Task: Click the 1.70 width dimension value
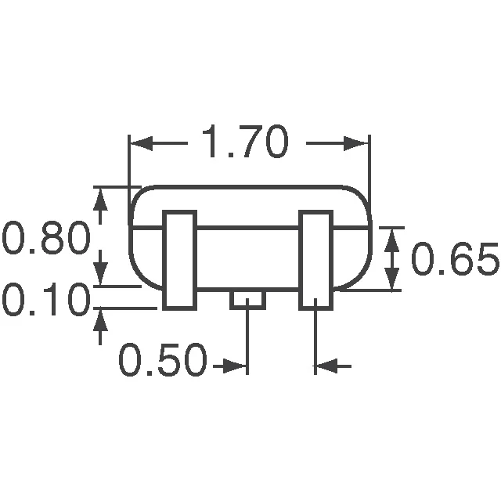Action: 245,143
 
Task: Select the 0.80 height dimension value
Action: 46,240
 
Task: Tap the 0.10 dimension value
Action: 45,301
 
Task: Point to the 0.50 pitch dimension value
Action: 164,362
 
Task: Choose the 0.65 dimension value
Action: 455,260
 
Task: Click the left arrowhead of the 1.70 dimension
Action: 139,143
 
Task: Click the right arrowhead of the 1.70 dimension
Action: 357,143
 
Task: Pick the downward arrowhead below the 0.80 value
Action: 100,274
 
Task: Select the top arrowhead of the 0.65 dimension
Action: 393,238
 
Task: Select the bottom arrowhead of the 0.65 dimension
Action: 393,279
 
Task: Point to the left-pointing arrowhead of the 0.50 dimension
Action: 326,365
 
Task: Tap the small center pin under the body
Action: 247,299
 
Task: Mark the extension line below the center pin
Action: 247,337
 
